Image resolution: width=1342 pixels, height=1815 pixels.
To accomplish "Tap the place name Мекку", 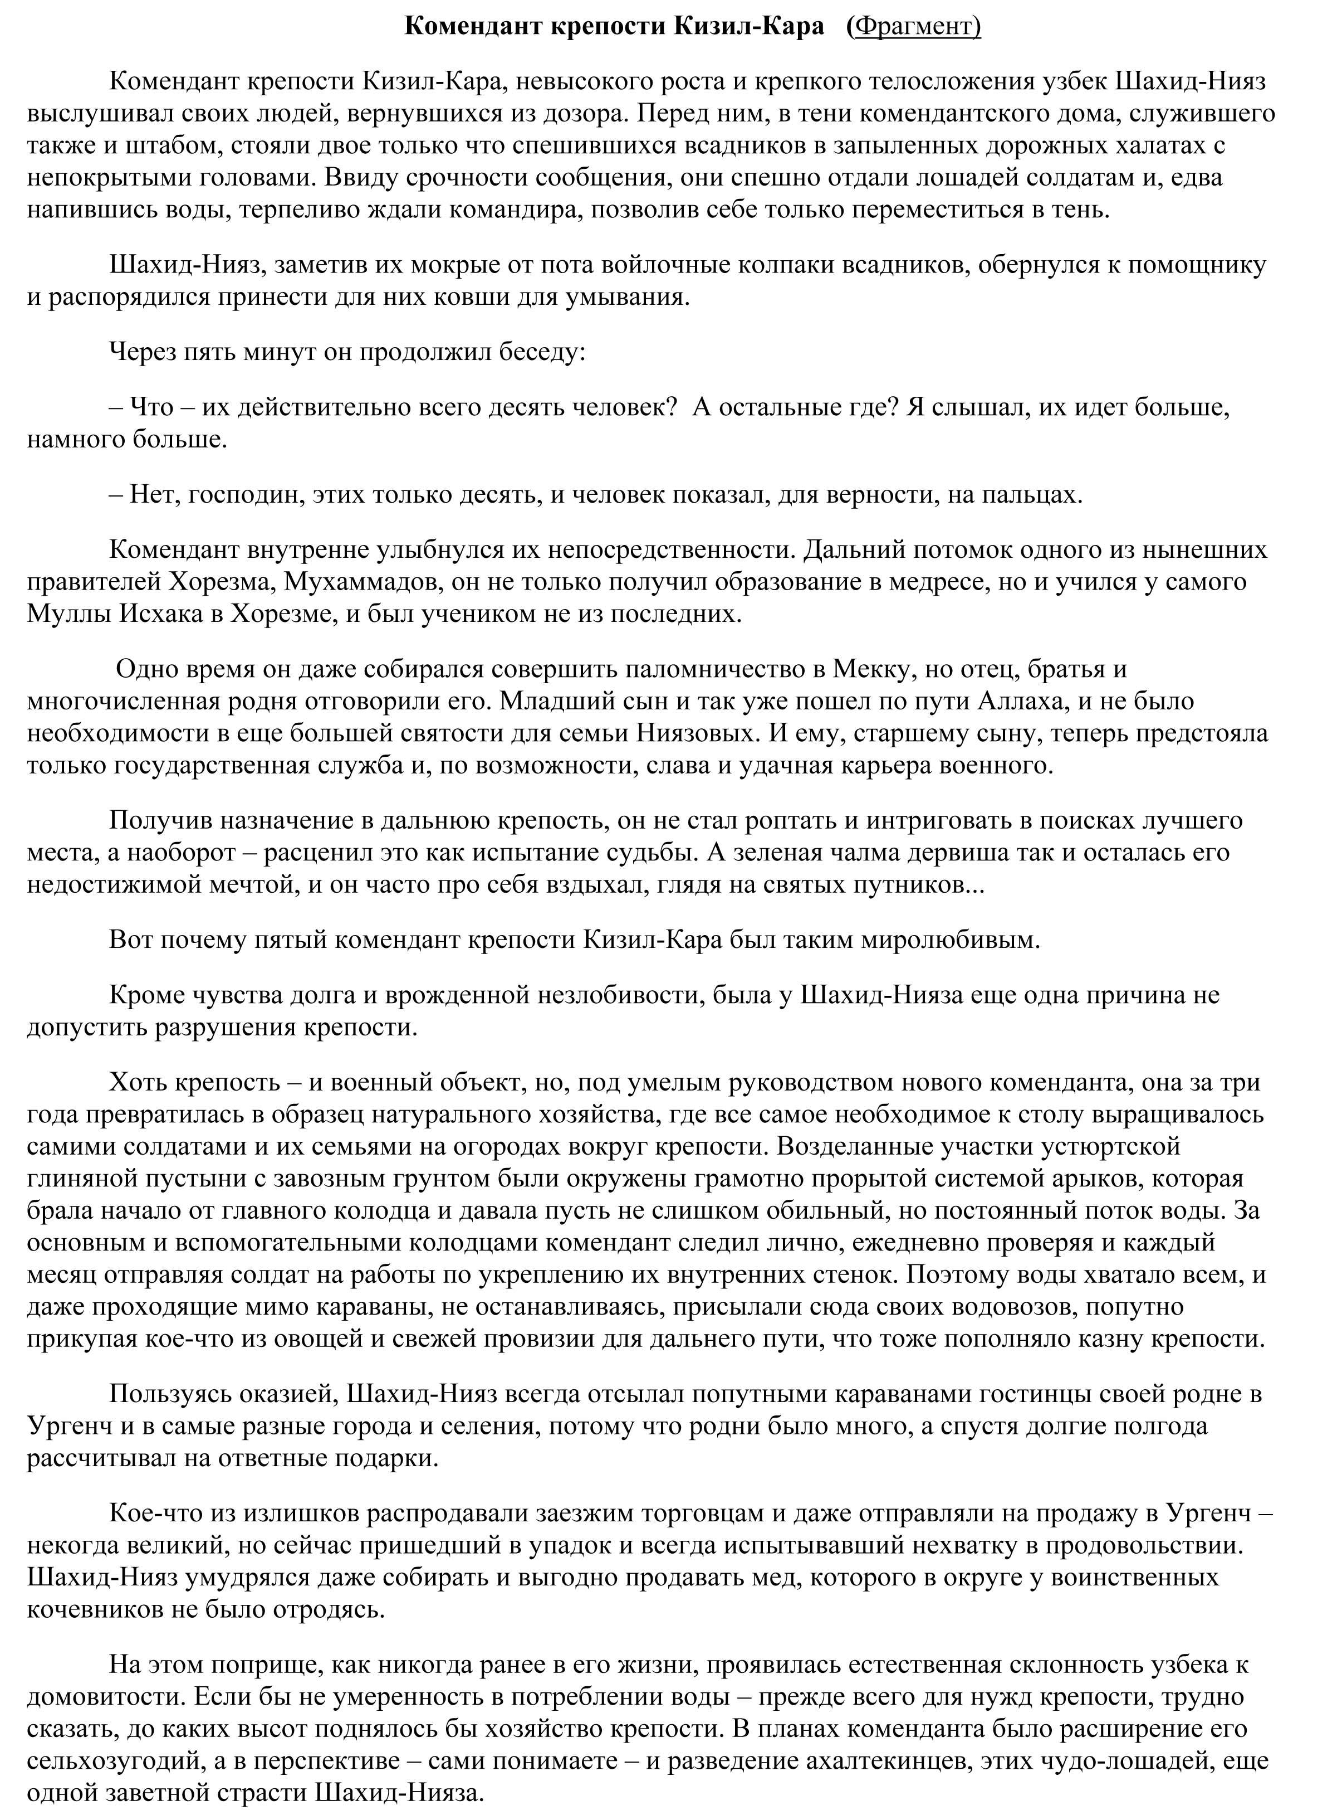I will (869, 669).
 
